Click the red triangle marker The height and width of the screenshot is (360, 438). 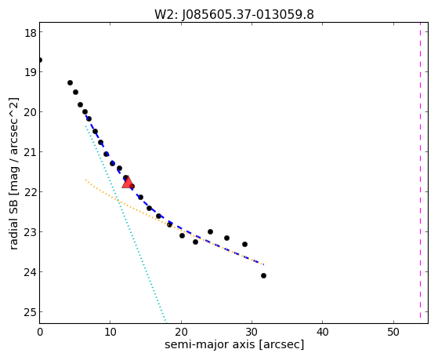click(128, 182)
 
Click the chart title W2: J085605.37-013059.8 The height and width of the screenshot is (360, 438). click(234, 14)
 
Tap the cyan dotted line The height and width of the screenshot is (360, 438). click(125, 224)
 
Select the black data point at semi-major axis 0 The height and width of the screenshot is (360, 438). click(40, 60)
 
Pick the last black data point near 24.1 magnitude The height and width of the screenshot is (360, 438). click(263, 276)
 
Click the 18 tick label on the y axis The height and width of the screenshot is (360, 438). click(30, 33)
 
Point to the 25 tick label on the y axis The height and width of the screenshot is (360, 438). click(30, 312)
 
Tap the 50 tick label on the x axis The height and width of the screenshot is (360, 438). click(393, 333)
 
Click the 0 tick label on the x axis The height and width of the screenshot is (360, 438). click(40, 333)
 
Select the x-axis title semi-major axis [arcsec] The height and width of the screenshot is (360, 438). click(234, 344)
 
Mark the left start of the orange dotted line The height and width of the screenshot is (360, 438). click(85, 180)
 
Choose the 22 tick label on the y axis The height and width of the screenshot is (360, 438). click(30, 192)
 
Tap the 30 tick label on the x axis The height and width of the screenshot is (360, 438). click(252, 333)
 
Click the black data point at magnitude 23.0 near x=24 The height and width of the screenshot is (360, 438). click(210, 231)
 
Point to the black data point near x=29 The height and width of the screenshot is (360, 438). click(244, 244)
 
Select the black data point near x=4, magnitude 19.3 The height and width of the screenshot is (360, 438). click(70, 83)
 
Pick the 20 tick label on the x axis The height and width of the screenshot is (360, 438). click(181, 333)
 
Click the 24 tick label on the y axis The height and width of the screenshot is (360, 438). click(30, 272)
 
